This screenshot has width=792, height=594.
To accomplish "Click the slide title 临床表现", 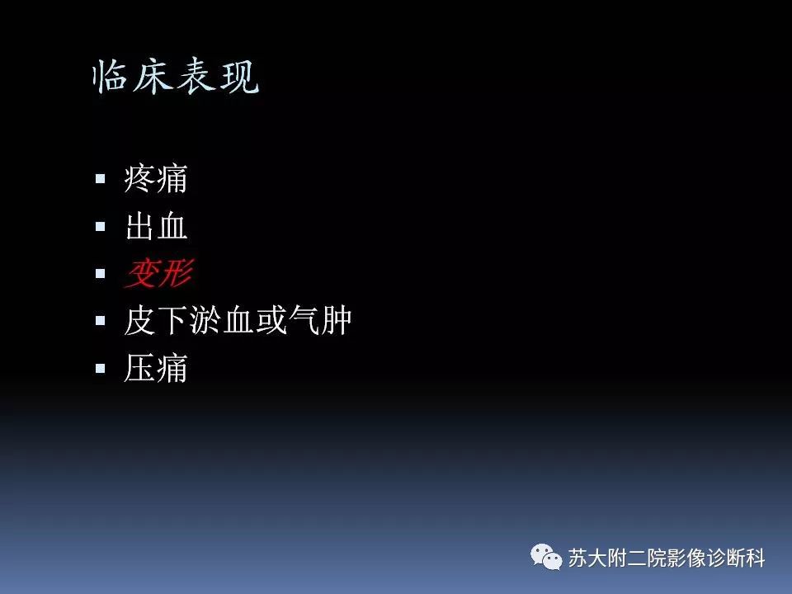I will (x=176, y=77).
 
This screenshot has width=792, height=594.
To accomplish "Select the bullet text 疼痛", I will (x=156, y=178).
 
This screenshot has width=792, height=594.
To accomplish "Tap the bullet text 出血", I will (x=156, y=226).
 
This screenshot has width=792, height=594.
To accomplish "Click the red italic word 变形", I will (x=158, y=274).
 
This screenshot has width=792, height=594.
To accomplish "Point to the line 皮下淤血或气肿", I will (x=238, y=321).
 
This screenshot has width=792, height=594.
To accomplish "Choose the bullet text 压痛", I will (x=156, y=369).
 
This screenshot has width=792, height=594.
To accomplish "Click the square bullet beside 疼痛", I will (x=101, y=178).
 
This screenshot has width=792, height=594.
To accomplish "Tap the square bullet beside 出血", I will (x=101, y=226).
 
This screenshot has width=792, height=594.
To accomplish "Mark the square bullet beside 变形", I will (x=101, y=273).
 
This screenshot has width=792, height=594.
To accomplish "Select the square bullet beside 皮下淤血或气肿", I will (x=101, y=321).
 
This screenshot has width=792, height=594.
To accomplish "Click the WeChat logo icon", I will (x=546, y=557).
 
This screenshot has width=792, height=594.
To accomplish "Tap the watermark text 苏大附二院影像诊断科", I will (x=667, y=559).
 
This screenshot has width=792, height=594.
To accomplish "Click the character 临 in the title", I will (x=112, y=77).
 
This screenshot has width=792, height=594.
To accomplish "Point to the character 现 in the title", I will (x=240, y=77).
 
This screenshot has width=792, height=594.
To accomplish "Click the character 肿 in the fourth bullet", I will (x=336, y=321).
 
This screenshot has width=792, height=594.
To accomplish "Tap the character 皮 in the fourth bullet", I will (x=140, y=321).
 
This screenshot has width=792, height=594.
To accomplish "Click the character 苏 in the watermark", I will (x=577, y=559).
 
